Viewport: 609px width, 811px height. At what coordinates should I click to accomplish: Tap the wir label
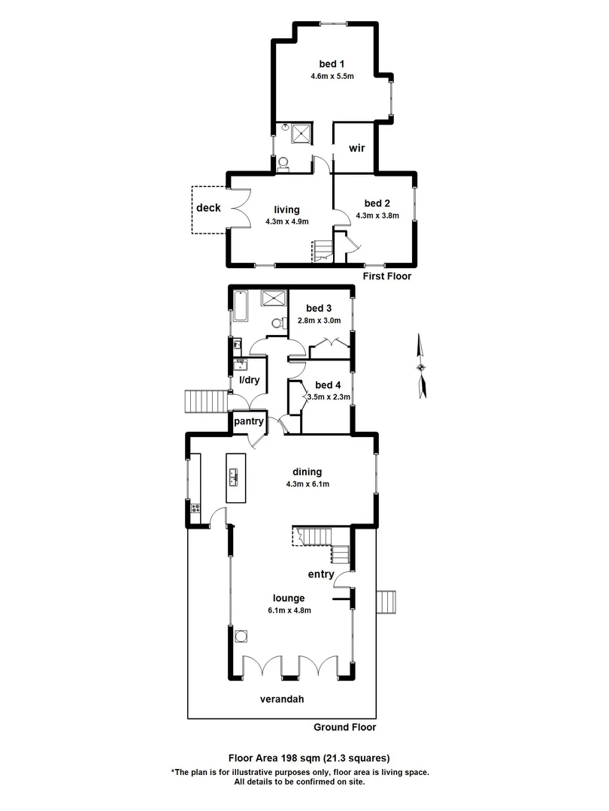pos(356,148)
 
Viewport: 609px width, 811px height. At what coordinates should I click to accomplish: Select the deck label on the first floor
pos(208,208)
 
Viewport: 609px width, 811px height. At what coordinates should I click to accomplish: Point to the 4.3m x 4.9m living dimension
pos(287,222)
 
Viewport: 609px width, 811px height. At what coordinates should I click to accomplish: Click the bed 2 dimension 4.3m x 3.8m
pos(377,216)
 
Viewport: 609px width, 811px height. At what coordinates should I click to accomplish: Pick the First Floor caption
pos(388,276)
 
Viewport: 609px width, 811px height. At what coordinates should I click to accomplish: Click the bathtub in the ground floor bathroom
pos(241,306)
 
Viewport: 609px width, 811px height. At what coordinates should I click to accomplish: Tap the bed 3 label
pos(320,308)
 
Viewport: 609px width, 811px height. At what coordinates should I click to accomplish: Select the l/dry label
pos(249,380)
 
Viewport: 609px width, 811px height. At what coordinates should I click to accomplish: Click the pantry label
pos(248,421)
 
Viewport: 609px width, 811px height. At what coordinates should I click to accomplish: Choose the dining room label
pos(308,472)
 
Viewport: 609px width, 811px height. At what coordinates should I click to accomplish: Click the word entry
pos(321,574)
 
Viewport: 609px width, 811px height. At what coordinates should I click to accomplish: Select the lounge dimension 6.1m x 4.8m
pos(289,610)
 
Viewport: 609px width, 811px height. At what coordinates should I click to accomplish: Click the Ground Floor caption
pos(345,727)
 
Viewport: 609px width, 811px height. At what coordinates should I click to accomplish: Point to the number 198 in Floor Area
pos(292,758)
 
